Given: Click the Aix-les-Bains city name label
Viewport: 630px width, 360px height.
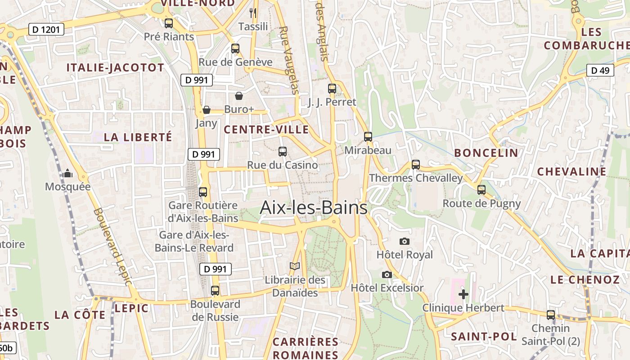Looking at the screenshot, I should tap(314, 208).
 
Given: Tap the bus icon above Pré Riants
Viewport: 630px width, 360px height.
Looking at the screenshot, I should tap(169, 23).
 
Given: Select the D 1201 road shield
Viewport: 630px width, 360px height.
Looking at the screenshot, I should tap(46, 30).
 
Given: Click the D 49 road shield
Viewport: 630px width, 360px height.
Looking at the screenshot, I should tap(600, 70).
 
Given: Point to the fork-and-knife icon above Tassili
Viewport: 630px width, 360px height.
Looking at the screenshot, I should tap(253, 13).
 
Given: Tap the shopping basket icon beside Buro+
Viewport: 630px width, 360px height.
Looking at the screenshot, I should tap(239, 96).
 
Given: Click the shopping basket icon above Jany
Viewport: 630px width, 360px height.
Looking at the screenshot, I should tap(207, 110).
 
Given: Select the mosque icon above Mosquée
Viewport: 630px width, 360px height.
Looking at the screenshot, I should tap(67, 173).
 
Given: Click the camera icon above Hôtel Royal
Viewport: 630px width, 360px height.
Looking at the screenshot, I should tap(405, 241).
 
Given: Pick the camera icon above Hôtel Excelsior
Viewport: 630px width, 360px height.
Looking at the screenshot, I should tap(387, 274).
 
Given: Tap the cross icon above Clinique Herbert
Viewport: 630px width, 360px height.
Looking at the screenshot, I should tap(463, 294).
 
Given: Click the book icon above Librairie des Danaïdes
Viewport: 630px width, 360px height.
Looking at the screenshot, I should tap(295, 266).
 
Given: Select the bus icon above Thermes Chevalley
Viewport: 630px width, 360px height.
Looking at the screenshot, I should tap(416, 165).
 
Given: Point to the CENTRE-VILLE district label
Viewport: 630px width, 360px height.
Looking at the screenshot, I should tap(266, 130).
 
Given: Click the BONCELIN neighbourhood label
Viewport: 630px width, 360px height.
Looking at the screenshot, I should tap(486, 153).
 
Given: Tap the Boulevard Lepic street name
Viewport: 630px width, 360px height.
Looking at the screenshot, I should tap(112, 246).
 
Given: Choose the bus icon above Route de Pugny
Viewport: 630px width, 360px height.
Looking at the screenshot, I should tap(481, 190).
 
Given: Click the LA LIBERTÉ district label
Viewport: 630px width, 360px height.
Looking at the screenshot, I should tap(138, 137).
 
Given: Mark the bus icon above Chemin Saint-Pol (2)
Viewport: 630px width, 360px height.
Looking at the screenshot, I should tap(551, 315).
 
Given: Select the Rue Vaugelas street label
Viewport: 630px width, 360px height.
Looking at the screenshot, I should tap(289, 60).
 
